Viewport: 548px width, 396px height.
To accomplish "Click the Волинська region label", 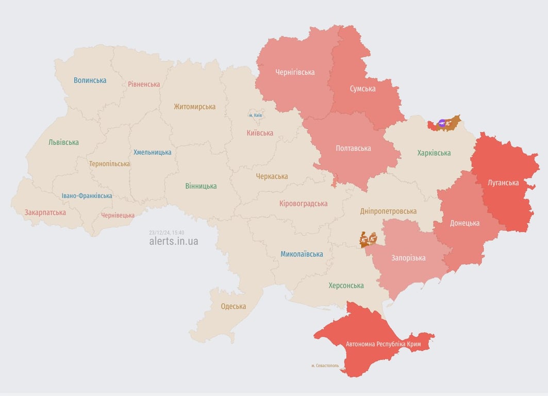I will [x=90, y=80].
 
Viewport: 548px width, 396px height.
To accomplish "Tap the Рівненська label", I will [x=144, y=84].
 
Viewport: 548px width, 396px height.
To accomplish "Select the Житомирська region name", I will [x=194, y=107].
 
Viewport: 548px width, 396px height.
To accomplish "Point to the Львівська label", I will [x=63, y=142].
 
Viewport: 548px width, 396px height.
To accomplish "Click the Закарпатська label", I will [x=45, y=212].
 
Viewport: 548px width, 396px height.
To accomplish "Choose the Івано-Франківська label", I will [x=87, y=196].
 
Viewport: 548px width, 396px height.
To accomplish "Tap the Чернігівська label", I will [x=295, y=72].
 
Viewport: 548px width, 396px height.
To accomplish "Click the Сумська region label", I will [x=362, y=89].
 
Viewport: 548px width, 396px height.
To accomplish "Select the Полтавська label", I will [x=353, y=148].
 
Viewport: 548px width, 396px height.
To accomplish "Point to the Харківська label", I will [x=434, y=153].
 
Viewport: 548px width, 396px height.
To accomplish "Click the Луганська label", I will [x=503, y=183].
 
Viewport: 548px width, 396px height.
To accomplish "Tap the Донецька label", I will [x=464, y=223].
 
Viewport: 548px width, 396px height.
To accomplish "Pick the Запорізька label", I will [x=408, y=258].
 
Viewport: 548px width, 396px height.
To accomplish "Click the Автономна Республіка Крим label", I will [x=383, y=344].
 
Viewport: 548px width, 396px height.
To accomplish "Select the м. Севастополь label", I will [x=325, y=366].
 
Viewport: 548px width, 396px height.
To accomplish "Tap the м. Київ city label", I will [x=255, y=115].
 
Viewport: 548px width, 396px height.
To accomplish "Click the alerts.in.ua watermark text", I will [x=173, y=241].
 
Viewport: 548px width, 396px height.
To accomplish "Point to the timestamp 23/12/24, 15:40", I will [x=167, y=233].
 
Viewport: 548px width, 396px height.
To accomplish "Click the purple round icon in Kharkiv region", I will [x=442, y=123].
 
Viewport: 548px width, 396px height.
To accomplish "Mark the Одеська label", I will [x=233, y=306].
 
